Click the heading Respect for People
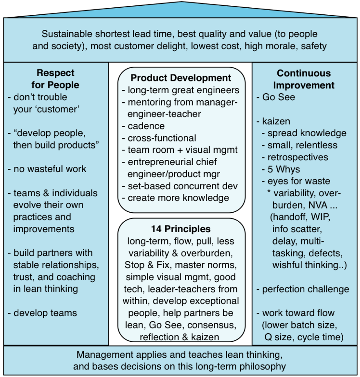pos(56,79)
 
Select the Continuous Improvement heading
pos(304,79)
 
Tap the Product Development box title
pos(181,78)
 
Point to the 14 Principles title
pos(180,229)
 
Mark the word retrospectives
pos(297,157)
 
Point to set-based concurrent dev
pos(180,186)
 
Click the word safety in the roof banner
pos(314,46)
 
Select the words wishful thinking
pos(309,265)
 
